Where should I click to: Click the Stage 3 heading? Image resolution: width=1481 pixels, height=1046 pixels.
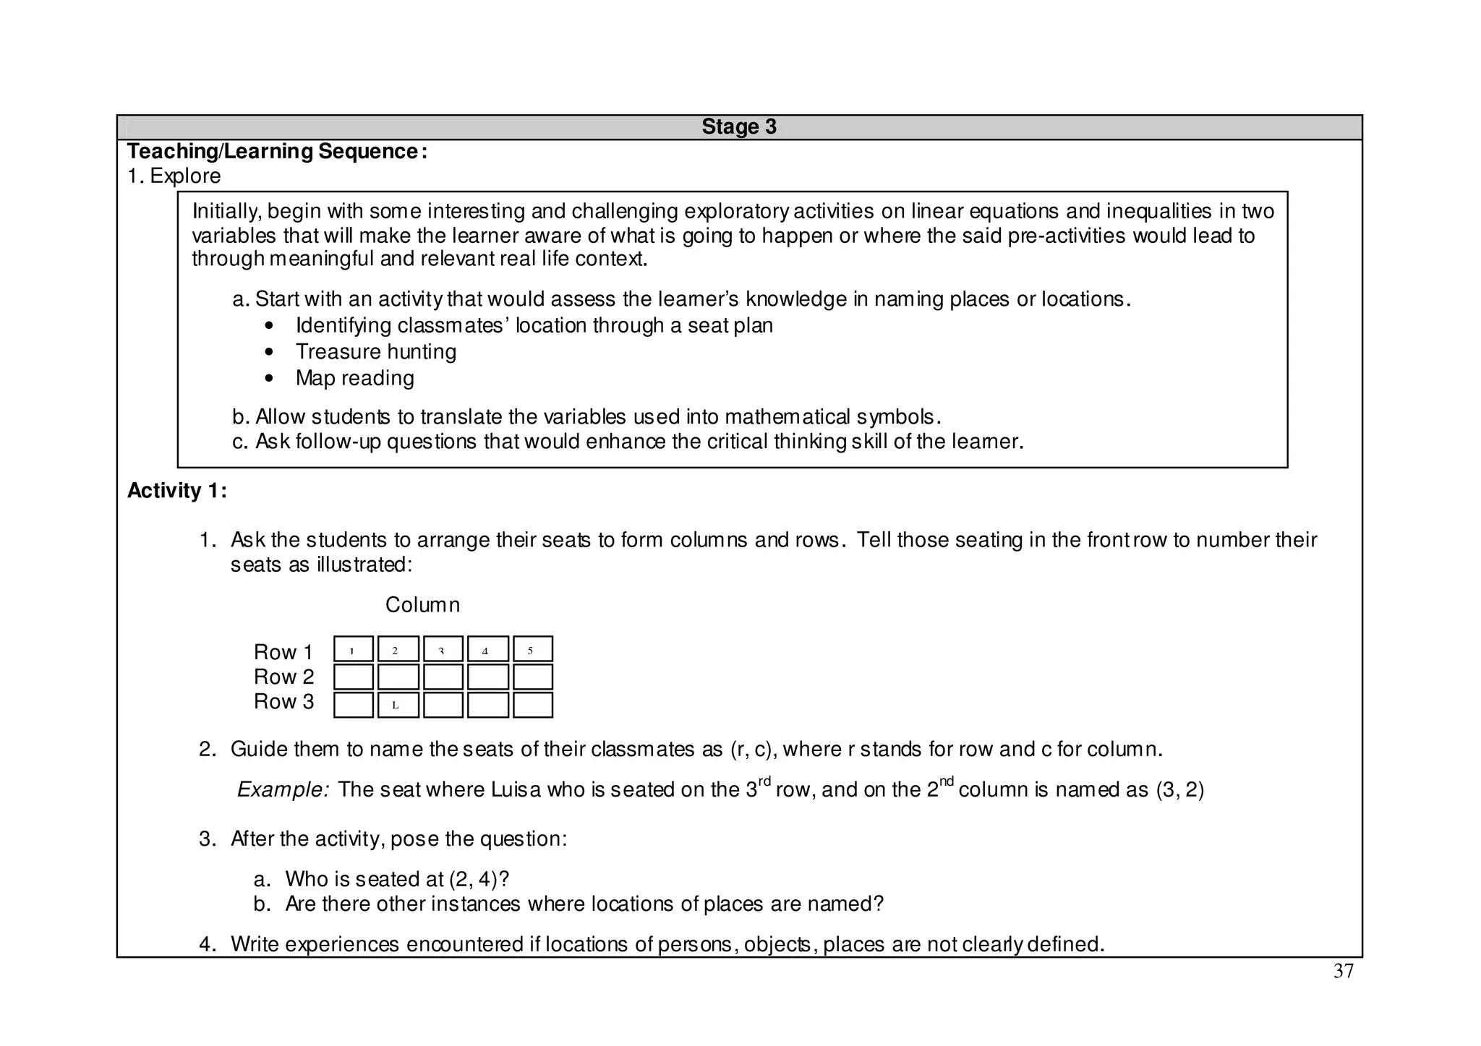click(738, 127)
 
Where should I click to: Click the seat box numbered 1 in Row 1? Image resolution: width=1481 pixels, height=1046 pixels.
click(354, 649)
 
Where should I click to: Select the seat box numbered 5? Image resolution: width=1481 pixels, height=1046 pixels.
click(533, 649)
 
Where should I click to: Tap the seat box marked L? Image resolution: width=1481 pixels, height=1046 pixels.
click(398, 705)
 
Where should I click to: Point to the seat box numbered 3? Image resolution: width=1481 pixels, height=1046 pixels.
click(443, 649)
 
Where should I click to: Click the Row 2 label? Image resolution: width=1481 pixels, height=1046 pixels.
click(283, 677)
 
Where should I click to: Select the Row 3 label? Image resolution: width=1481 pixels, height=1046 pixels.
click(283, 702)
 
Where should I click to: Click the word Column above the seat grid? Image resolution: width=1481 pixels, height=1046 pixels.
click(422, 605)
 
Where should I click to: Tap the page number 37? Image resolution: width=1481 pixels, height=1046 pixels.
click(1343, 972)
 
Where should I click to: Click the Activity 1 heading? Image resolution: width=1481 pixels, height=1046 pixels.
click(177, 491)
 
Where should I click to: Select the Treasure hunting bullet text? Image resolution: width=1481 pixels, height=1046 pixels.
click(375, 352)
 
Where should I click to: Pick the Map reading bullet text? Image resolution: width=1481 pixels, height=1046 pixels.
click(354, 378)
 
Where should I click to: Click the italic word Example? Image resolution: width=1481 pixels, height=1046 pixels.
click(283, 789)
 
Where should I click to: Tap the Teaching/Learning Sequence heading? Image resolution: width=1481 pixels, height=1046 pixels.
click(277, 152)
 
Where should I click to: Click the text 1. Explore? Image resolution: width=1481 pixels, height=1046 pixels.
click(174, 176)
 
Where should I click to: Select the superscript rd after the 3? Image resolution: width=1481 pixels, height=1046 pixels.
click(765, 781)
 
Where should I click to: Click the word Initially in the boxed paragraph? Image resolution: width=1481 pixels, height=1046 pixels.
click(226, 212)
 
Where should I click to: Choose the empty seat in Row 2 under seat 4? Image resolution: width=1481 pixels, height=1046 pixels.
click(488, 677)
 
